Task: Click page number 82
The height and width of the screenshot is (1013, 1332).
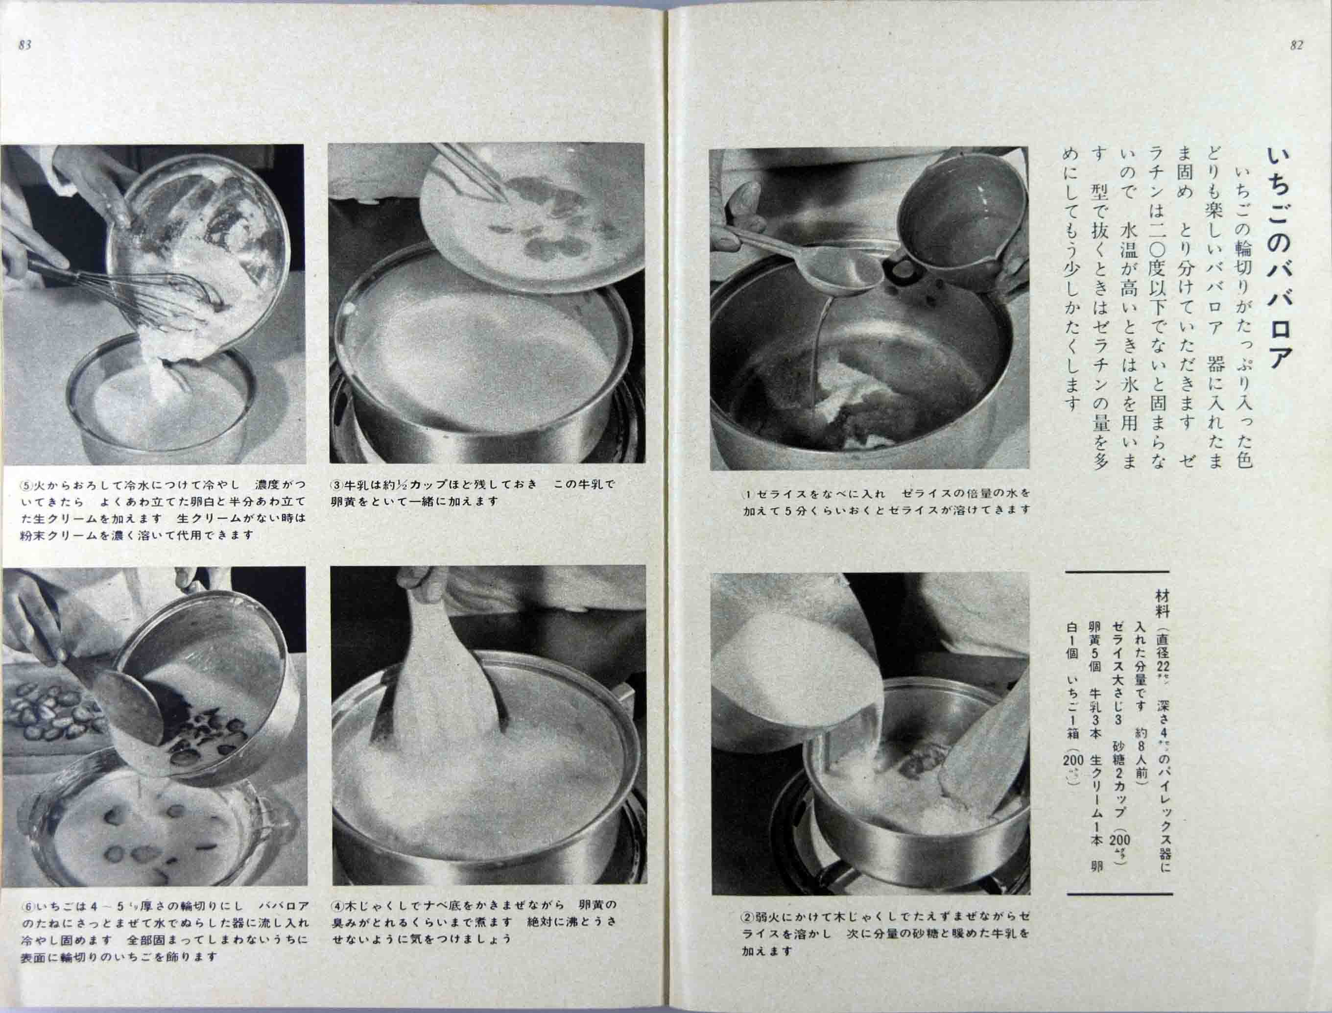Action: [x=1296, y=45]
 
